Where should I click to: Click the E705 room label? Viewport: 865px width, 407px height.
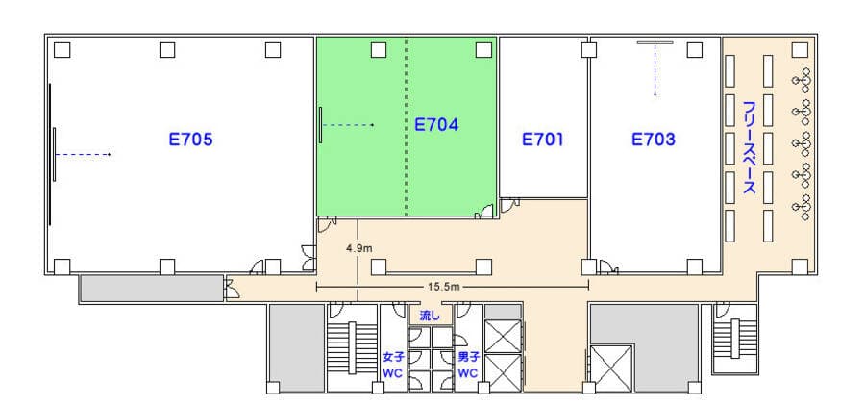[x=190, y=140]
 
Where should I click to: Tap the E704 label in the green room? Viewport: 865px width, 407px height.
[x=436, y=125]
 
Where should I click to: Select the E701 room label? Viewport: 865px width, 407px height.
[x=543, y=140]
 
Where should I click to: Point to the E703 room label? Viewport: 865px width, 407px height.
[x=654, y=140]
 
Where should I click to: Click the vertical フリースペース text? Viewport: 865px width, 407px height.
[x=749, y=147]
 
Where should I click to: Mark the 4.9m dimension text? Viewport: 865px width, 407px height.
[x=359, y=248]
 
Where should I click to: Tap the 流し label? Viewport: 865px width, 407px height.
[x=431, y=316]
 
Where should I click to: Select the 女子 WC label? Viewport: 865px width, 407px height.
[x=393, y=365]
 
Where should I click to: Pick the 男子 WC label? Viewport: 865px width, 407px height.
[x=468, y=365]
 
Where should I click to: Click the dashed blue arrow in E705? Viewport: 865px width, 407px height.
[x=84, y=155]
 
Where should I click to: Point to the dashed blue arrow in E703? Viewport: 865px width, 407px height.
[x=655, y=70]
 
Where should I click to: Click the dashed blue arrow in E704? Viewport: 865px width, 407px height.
[x=349, y=125]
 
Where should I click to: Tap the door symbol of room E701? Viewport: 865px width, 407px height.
[x=509, y=206]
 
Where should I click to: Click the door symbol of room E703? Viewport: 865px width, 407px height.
[x=609, y=267]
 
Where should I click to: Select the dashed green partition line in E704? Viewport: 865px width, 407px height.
[x=408, y=126]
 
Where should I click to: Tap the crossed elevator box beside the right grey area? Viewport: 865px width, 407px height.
[x=610, y=368]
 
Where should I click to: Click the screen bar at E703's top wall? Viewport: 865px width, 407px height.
[x=655, y=42]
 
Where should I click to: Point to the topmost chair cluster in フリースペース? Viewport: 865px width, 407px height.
[x=803, y=80]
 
